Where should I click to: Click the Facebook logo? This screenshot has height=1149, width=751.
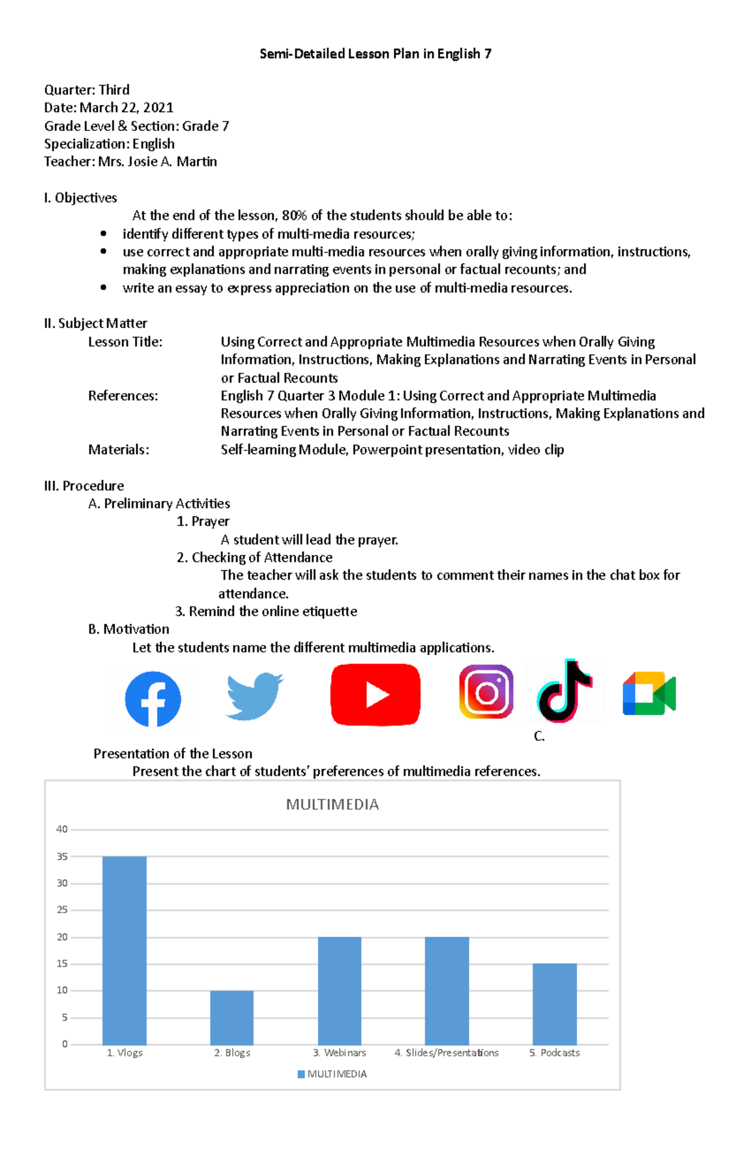(153, 699)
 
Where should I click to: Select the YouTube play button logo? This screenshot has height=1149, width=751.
(375, 695)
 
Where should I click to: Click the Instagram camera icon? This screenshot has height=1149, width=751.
(486, 692)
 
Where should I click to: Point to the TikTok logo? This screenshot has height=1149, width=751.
(564, 691)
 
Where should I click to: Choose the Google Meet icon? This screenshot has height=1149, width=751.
(649, 694)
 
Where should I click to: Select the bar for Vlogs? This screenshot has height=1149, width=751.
(125, 950)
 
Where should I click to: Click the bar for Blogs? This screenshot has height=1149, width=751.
(232, 1017)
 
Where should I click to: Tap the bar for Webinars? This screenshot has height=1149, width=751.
(340, 990)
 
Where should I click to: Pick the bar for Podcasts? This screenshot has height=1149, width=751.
(554, 1004)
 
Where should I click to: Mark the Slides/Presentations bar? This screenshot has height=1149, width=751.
(447, 990)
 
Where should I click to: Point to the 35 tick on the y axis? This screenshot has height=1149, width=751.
(62, 857)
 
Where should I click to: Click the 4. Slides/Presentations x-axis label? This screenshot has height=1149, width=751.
(446, 1053)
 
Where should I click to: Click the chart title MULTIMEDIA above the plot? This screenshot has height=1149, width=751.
(332, 805)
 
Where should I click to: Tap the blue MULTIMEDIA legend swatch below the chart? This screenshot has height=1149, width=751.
(301, 1074)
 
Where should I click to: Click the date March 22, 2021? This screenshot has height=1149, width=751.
(126, 108)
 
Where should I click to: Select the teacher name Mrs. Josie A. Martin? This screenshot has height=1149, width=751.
(158, 162)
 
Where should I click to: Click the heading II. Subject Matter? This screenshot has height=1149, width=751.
(96, 323)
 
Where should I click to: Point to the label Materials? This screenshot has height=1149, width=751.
(119, 450)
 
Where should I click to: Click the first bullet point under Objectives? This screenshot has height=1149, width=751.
(103, 234)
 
